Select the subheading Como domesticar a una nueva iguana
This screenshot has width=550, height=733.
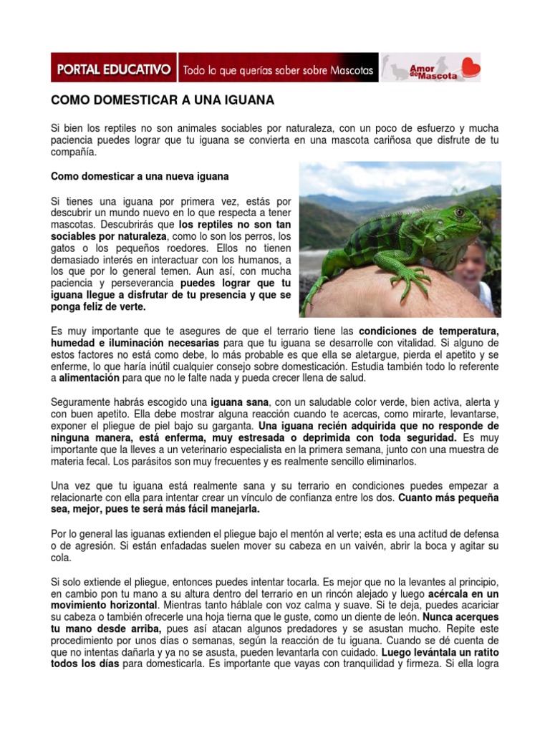pyautogui.click(x=140, y=175)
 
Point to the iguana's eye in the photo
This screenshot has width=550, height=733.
pyautogui.click(x=459, y=213)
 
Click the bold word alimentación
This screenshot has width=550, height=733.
pyautogui.click(x=90, y=378)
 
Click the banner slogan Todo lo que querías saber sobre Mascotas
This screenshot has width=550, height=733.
pyautogui.click(x=279, y=71)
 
